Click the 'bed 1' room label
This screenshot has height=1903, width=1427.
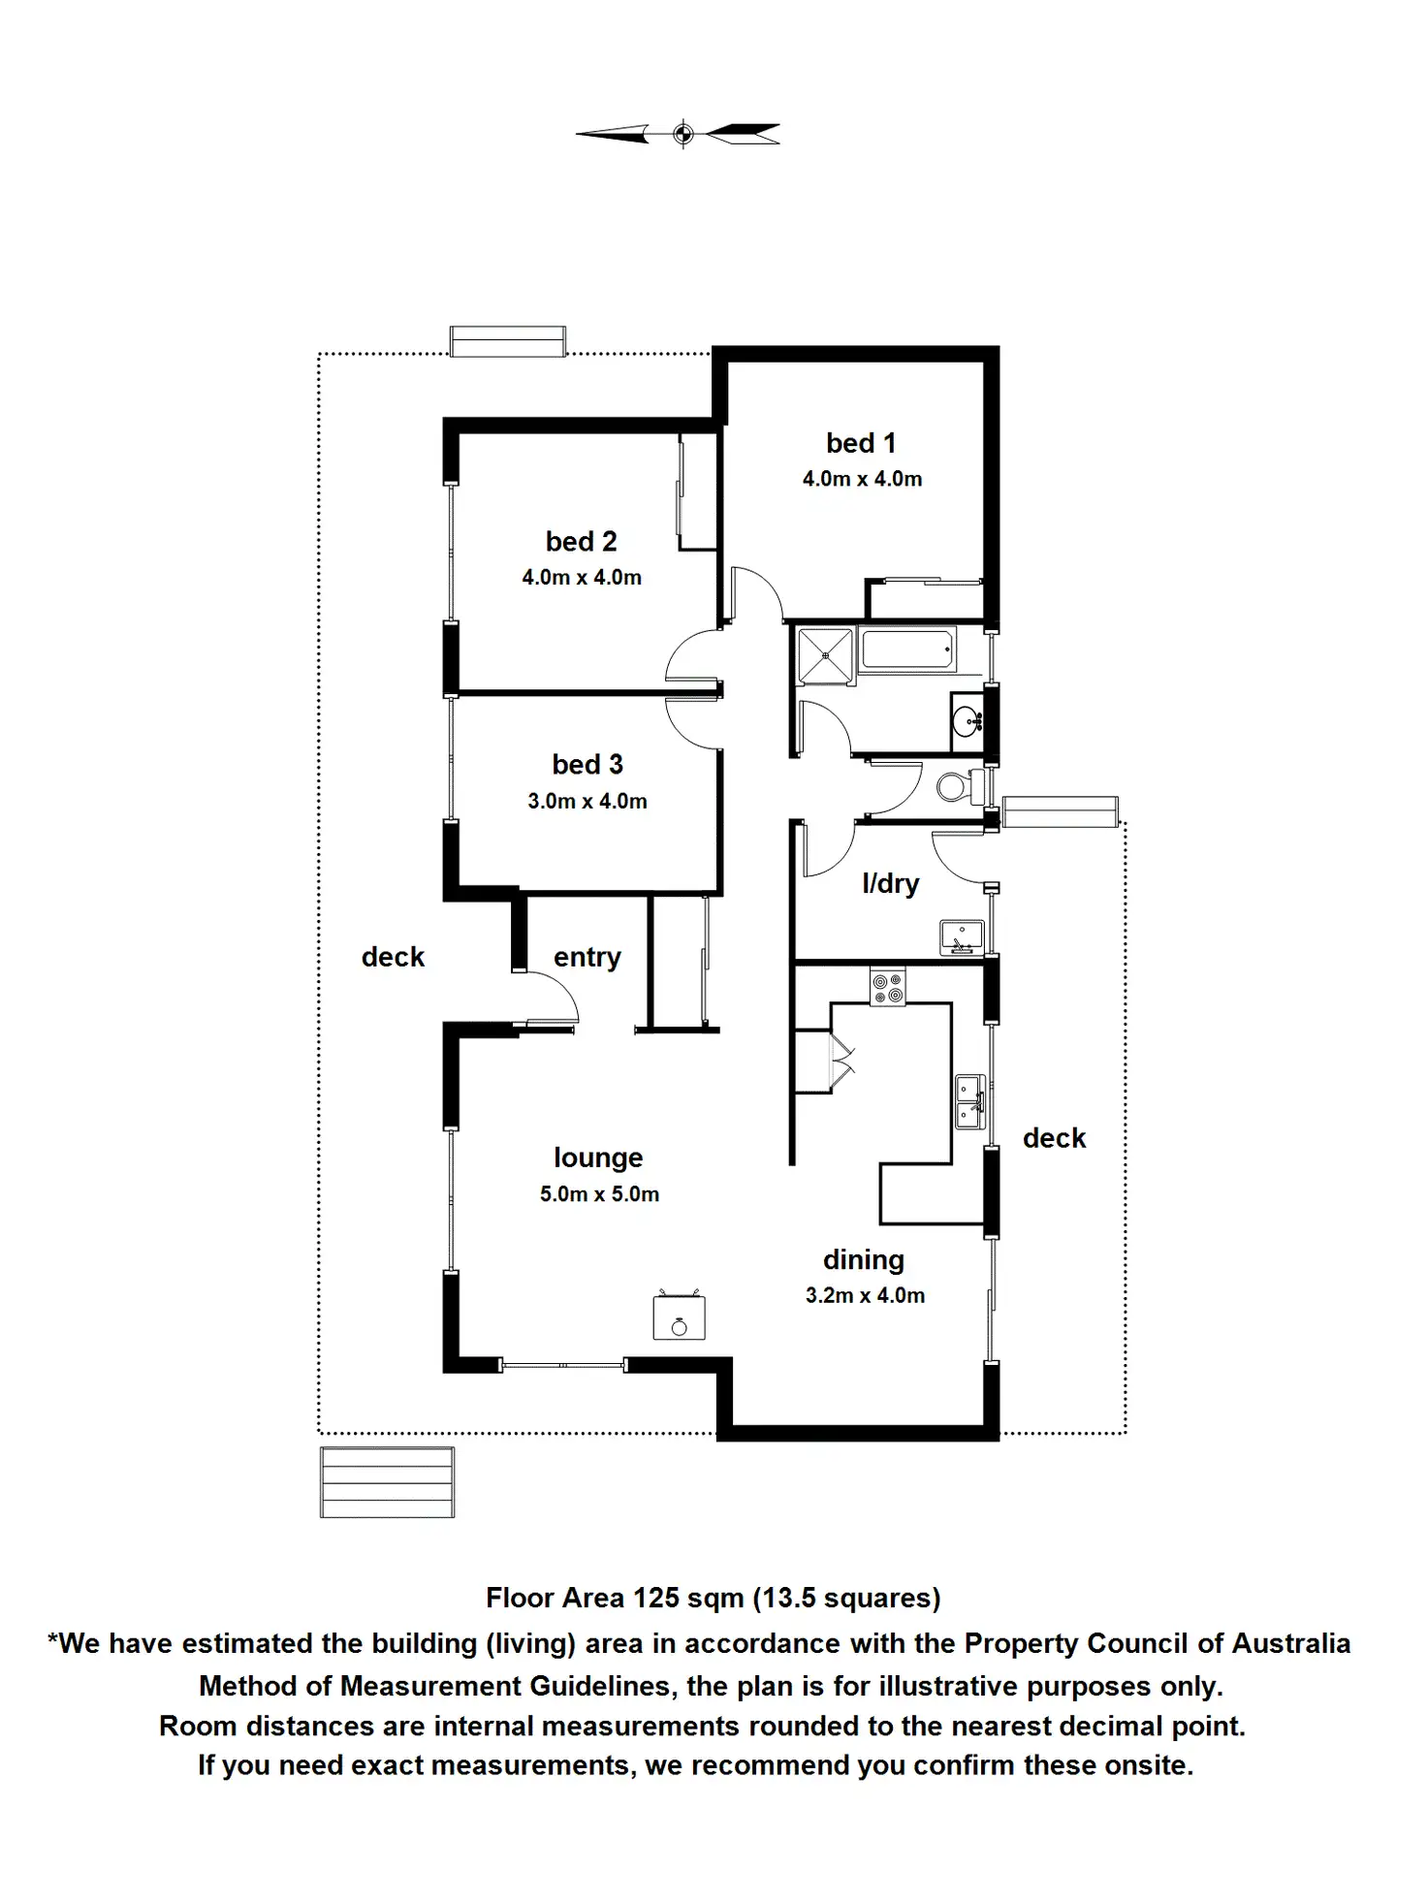[861, 443]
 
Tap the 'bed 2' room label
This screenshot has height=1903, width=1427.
[581, 541]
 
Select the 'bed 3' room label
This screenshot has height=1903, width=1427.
[587, 764]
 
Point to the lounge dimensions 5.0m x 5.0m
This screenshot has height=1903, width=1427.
[599, 1194]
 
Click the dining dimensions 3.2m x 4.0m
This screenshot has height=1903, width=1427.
[865, 1295]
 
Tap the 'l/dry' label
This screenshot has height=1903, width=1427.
[890, 883]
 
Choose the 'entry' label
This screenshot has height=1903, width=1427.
[587, 957]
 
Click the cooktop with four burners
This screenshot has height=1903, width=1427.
[888, 988]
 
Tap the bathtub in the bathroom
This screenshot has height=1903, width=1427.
[906, 650]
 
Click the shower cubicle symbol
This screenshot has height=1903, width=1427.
[825, 655]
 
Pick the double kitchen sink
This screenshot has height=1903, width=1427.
[968, 1101]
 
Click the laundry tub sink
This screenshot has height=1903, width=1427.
[961, 936]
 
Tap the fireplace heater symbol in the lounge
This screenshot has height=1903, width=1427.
[679, 1318]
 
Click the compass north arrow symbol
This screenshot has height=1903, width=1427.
[682, 134]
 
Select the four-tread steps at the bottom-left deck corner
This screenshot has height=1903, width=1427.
[387, 1482]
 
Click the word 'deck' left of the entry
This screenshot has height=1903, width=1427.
[393, 957]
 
